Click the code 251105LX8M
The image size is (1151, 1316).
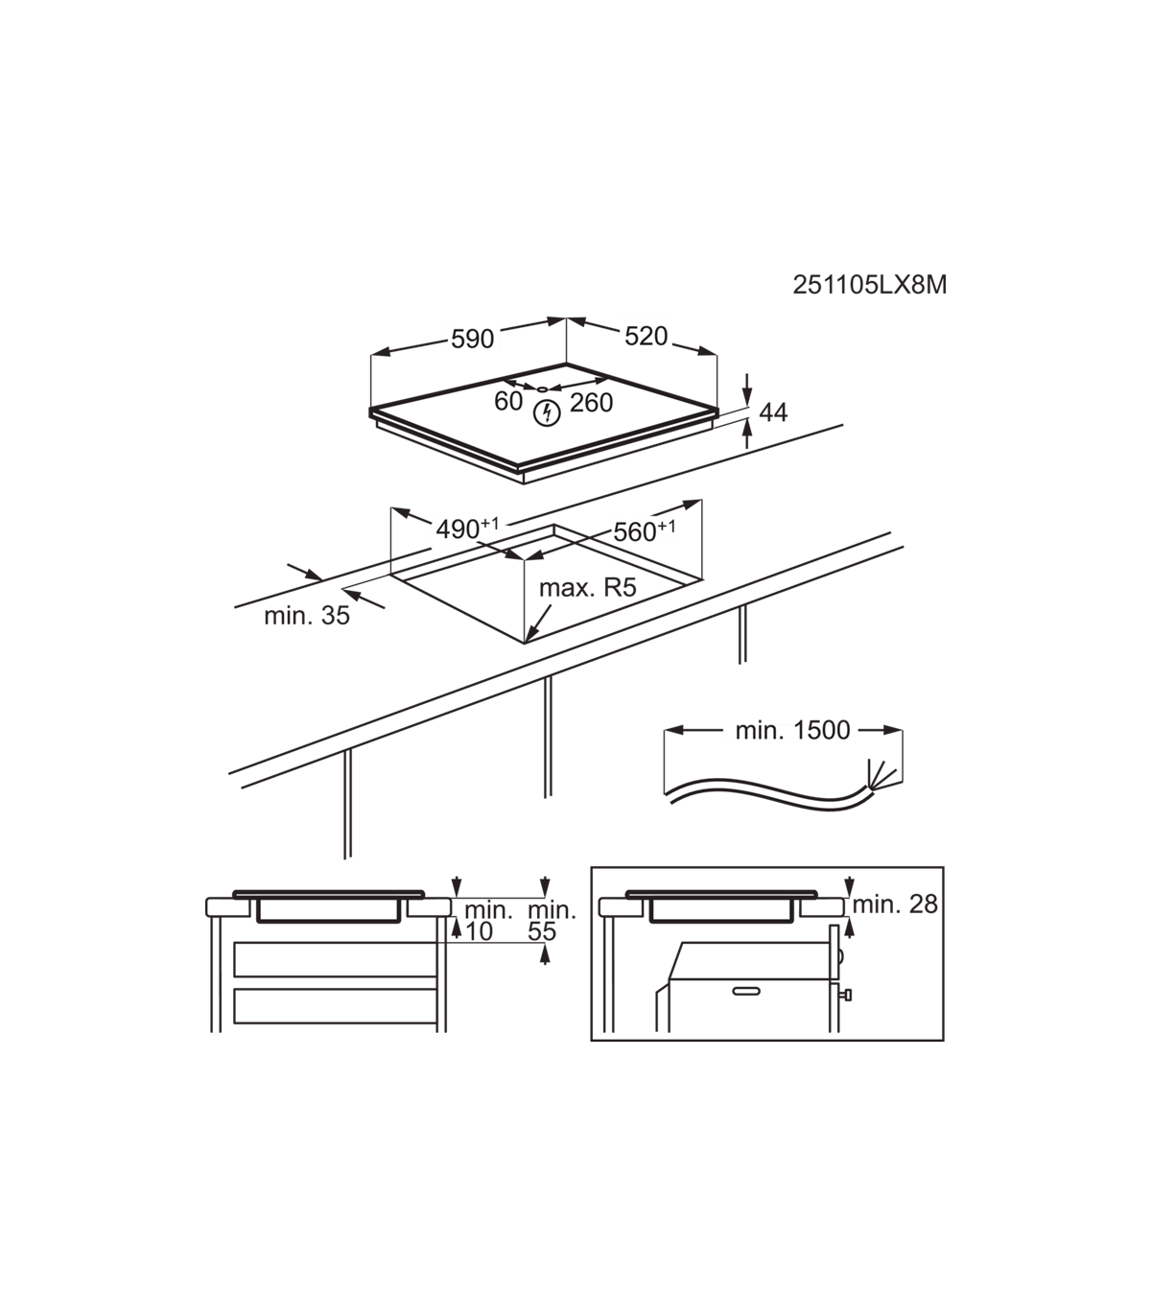[869, 285]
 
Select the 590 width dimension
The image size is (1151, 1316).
[472, 339]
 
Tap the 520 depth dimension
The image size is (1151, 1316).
[646, 337]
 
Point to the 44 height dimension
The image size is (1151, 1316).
[773, 412]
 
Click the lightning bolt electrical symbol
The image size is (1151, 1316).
[548, 413]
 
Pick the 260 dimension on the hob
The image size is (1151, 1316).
[591, 403]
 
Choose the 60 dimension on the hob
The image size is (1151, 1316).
[508, 401]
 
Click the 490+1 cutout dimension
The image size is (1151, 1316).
[467, 529]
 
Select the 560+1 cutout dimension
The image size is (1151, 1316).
[645, 531]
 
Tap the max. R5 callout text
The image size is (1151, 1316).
[588, 588]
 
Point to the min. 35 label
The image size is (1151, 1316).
[307, 616]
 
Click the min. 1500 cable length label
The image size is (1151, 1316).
[792, 730]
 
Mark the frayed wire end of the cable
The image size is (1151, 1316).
[884, 776]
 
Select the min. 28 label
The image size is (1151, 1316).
[895, 905]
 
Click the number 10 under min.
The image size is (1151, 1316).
[479, 931]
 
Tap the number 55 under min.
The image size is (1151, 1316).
[541, 931]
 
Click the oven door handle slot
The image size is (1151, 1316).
[746, 991]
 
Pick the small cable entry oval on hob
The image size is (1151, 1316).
[542, 389]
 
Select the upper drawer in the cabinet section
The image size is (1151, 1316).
[335, 960]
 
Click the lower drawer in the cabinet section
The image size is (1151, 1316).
[335, 1006]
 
